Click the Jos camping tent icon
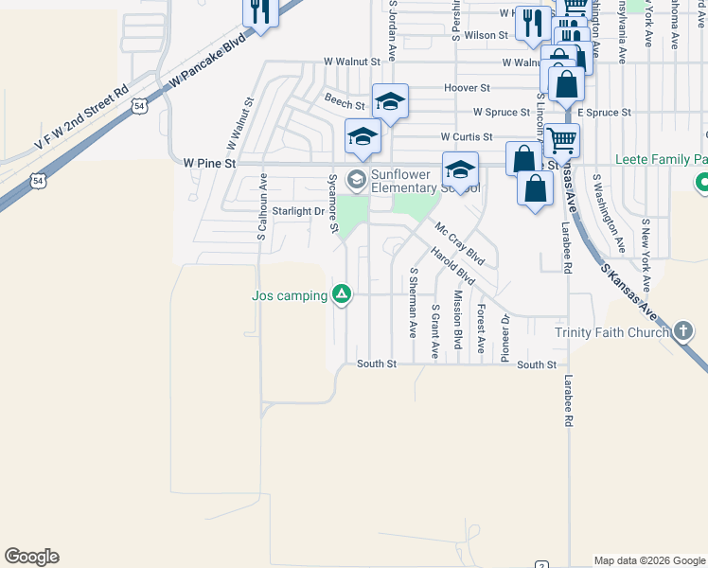[343, 294]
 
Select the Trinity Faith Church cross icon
[684, 331]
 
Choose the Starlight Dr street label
[298, 211]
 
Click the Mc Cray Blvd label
[460, 243]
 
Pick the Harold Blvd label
[451, 267]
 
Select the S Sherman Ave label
[413, 303]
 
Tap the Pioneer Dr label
[504, 339]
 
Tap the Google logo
[31, 557]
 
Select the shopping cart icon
[562, 141]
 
